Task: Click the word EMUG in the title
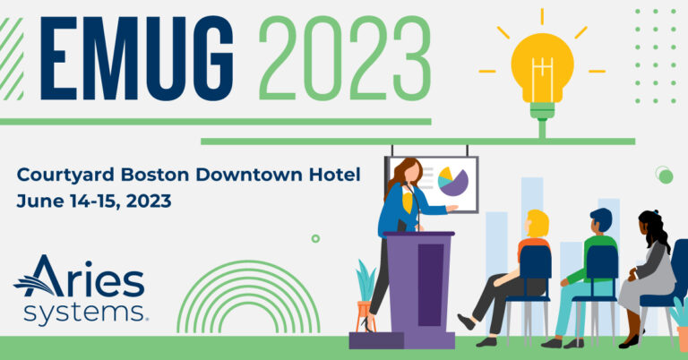pos(137,59)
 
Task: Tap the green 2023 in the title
pos(345,59)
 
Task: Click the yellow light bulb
pos(542,75)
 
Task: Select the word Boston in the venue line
pos(155,175)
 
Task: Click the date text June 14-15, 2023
pos(94,201)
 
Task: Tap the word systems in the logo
pos(84,313)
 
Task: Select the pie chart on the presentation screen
pos(453,182)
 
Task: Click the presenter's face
pos(412,173)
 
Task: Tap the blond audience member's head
pos(537,224)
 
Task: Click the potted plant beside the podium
pos(365,295)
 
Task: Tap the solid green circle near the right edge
pos(666,176)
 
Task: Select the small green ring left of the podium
pos(315,238)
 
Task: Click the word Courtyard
pos(66,176)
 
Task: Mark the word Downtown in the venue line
pos(249,175)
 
